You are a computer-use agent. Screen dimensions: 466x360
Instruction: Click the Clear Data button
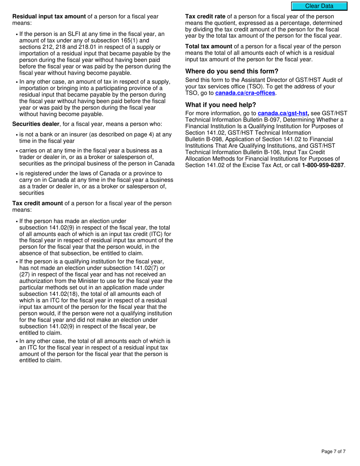319,6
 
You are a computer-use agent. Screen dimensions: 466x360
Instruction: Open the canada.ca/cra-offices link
245,93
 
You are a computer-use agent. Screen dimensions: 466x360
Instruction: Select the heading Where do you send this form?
232,71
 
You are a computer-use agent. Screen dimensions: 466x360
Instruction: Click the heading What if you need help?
221,105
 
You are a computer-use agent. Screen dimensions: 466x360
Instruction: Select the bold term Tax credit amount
38,203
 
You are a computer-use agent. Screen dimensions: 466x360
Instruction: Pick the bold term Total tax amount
208,47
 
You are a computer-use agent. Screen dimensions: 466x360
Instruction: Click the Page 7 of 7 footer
333,451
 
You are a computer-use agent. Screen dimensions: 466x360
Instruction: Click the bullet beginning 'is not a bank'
95,138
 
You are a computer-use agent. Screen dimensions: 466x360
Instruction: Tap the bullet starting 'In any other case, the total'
95,350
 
